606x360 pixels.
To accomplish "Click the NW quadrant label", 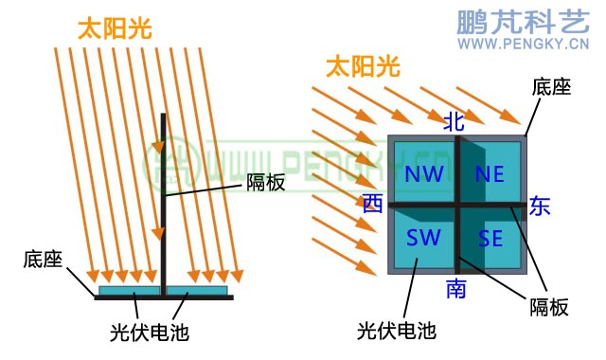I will pos(423,174).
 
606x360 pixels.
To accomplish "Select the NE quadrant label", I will pos(490,174).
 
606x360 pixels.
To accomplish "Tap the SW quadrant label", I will pos(422,237).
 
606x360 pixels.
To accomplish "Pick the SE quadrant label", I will pos(490,239).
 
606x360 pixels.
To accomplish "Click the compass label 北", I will pos(454,120).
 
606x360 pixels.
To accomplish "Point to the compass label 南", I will pos(455,289).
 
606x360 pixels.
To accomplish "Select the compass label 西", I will pos(372,204).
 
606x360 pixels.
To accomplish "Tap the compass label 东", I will pos(539,205).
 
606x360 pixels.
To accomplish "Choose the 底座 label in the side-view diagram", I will pos(43,259).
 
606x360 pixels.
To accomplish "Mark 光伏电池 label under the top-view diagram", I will pos(396,331).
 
